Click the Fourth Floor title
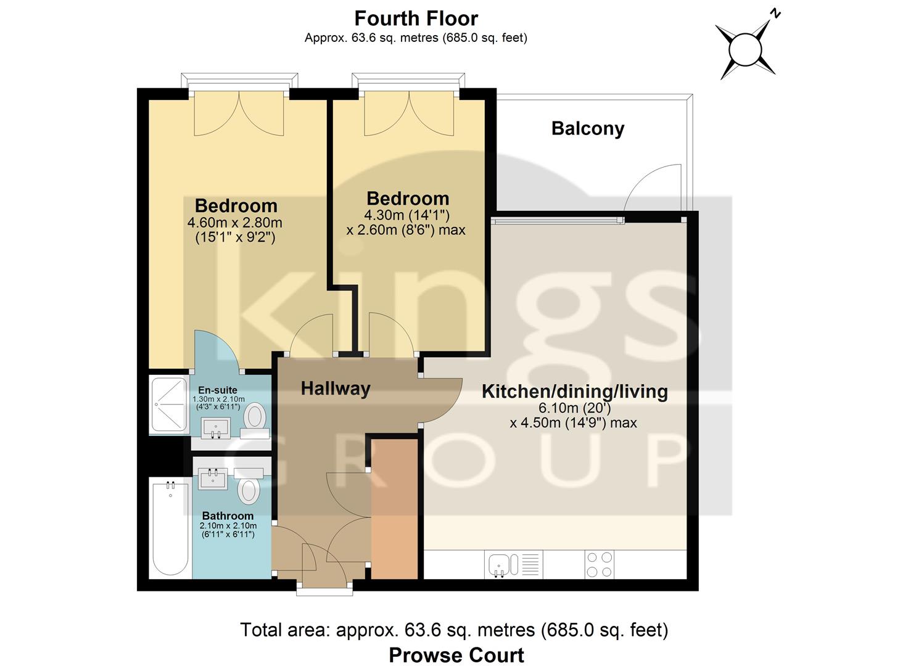416,18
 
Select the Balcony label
587,128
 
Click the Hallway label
335,388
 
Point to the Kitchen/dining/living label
574,392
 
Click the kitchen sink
499,564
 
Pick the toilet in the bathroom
248,489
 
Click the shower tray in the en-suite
168,404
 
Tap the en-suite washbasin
216,427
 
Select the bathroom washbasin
213,479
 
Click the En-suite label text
217,390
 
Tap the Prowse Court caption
456,655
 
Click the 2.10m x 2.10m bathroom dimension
228,525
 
